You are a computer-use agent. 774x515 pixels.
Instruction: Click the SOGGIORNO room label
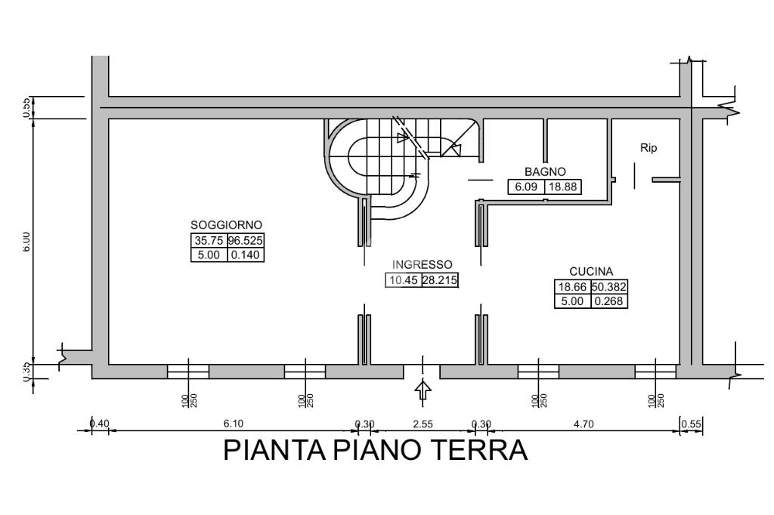[x=226, y=225]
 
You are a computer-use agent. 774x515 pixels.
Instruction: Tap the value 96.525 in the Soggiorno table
[x=246, y=241]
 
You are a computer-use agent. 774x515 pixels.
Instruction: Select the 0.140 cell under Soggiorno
[x=246, y=254]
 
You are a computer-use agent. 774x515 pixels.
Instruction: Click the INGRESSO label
[x=422, y=265]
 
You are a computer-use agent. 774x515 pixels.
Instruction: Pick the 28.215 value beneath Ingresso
[x=440, y=280]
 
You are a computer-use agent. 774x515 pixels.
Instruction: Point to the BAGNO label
[x=545, y=171]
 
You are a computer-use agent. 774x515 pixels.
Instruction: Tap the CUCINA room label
[x=591, y=271]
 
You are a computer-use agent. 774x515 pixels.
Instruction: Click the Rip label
[x=649, y=148]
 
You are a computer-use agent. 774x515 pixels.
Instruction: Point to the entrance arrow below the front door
[x=423, y=390]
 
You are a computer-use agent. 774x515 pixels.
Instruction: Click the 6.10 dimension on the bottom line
[x=232, y=424]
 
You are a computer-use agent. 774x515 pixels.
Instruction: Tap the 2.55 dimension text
[x=423, y=424]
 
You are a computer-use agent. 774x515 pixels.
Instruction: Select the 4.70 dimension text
[x=584, y=424]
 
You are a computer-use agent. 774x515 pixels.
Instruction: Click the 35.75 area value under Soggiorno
[x=208, y=241]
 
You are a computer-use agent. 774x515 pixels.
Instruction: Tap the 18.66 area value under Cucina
[x=573, y=287]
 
